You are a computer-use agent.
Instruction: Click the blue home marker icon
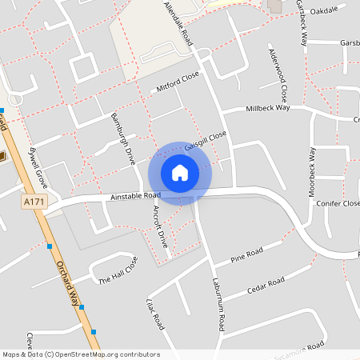(180, 172)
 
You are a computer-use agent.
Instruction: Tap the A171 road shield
(33, 203)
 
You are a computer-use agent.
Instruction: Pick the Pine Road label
(247, 256)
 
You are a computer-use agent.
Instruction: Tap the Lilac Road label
(155, 314)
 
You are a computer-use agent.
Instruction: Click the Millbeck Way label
(267, 108)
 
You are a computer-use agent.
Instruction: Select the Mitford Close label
(177, 83)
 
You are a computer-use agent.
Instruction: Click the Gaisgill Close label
(206, 141)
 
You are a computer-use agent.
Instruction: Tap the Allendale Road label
(179, 23)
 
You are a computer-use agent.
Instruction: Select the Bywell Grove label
(38, 166)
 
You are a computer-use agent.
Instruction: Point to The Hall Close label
(118, 270)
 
